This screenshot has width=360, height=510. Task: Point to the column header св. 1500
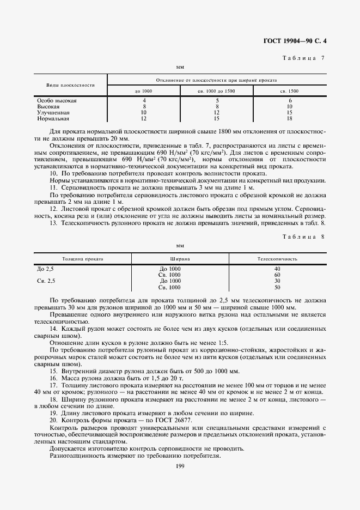(290, 91)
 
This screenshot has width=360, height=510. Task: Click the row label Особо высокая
(57, 101)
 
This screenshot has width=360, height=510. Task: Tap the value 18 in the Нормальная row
(290, 118)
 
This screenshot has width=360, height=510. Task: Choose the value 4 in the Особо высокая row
(144, 101)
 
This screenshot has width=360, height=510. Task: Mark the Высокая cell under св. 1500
(290, 107)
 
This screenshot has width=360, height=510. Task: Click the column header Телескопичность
(277, 259)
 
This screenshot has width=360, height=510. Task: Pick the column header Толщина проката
(82, 259)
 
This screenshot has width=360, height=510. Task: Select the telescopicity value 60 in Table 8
(277, 275)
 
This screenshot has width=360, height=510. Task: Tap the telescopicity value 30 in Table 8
(277, 281)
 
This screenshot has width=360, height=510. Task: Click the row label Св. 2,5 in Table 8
(46, 281)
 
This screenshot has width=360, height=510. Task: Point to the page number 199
(180, 465)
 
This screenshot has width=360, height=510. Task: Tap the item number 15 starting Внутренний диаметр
(53, 372)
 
